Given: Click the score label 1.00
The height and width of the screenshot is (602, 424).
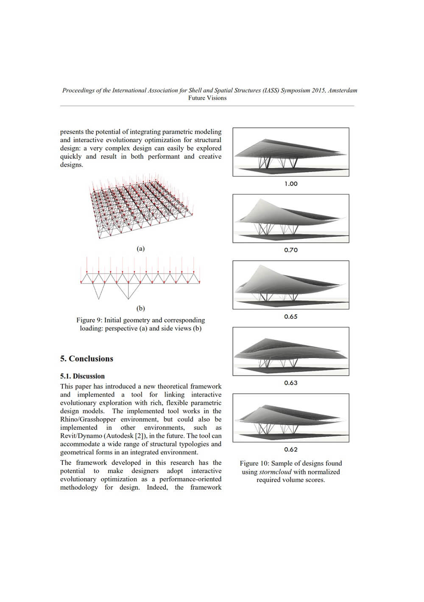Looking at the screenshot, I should tap(291, 184).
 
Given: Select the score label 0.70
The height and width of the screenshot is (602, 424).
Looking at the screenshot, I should tap(291, 250).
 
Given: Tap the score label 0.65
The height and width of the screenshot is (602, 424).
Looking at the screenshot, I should tap(291, 316).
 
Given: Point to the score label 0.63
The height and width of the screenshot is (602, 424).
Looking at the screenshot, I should tap(291, 383).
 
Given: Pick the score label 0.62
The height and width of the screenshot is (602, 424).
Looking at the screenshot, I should tap(291, 449).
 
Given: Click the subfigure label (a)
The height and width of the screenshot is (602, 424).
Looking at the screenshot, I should tap(140, 249).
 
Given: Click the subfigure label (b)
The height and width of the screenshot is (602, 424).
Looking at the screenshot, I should tap(140, 308).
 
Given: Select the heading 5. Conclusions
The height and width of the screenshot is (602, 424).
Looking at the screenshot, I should tap(86, 358).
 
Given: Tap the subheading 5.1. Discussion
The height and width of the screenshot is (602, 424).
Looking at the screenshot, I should tap(82, 376).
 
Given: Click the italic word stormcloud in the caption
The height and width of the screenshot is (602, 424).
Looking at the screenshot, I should tap(275, 472).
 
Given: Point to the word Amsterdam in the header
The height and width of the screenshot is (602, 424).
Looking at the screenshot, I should tap(343, 90).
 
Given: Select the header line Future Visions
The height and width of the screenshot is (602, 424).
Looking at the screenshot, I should tap(207, 98).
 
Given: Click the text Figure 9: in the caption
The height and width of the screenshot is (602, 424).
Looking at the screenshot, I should tap(89, 320).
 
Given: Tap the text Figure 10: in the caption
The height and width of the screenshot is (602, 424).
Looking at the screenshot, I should tap(254, 463).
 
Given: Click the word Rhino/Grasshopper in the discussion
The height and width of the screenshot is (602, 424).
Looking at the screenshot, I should tap(88, 419).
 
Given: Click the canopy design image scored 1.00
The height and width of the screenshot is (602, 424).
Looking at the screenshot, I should tap(291, 152).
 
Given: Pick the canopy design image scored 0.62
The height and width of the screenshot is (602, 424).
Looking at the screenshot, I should tap(291, 418).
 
